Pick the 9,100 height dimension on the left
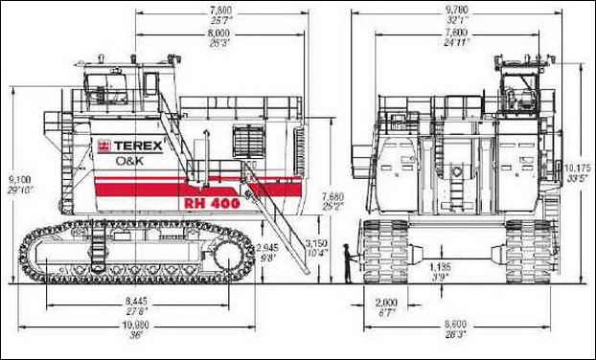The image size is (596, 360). [18, 179]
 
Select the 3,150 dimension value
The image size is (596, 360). [317, 243]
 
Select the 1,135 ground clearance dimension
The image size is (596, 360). [440, 265]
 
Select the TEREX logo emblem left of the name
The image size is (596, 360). [102, 146]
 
